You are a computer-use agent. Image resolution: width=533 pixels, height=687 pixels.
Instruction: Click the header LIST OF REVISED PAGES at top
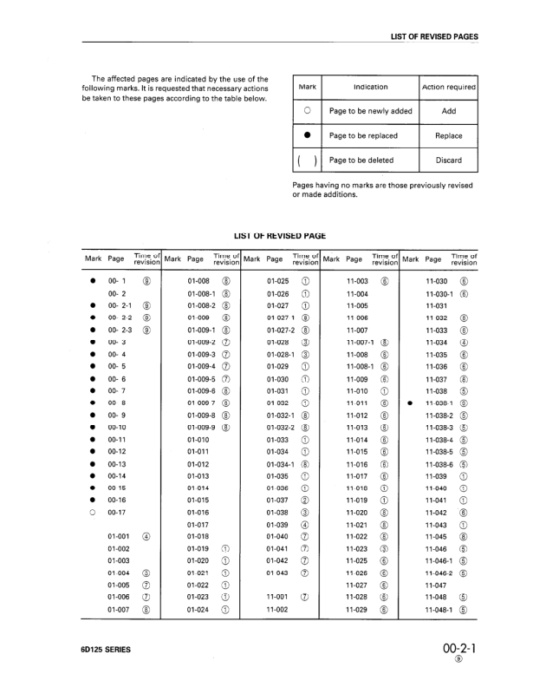pyautogui.click(x=434, y=36)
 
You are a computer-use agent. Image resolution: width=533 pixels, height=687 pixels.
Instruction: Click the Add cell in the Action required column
pyautogui.click(x=448, y=112)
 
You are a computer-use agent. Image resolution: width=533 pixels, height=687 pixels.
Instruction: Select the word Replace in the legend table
pyautogui.click(x=448, y=136)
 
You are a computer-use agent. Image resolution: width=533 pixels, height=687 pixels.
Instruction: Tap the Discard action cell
pyautogui.click(x=448, y=160)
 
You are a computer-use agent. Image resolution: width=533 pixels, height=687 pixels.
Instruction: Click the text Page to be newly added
pyautogui.click(x=370, y=112)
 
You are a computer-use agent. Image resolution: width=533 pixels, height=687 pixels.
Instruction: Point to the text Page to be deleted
pyautogui.click(x=363, y=160)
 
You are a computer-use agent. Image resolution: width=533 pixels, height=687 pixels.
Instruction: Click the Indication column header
pyautogui.click(x=370, y=88)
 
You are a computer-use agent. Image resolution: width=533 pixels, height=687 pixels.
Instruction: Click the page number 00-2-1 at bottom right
pyautogui.click(x=458, y=648)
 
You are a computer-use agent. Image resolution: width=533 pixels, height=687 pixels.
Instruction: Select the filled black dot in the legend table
pyautogui.click(x=307, y=136)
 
